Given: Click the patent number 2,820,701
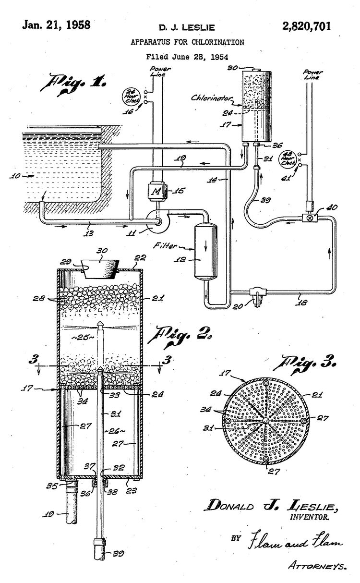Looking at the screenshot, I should click(307, 26).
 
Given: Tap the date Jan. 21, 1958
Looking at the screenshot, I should click(56, 25).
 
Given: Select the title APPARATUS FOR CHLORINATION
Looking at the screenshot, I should click(187, 42).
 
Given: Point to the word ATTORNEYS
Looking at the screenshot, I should click(318, 566).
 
